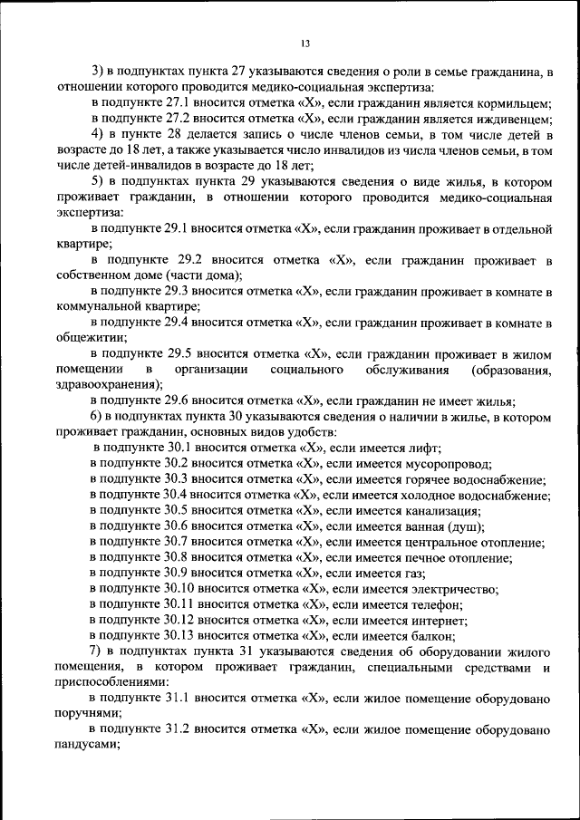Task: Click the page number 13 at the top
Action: [x=304, y=43]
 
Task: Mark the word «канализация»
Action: [x=446, y=511]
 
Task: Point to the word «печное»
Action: [x=430, y=558]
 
